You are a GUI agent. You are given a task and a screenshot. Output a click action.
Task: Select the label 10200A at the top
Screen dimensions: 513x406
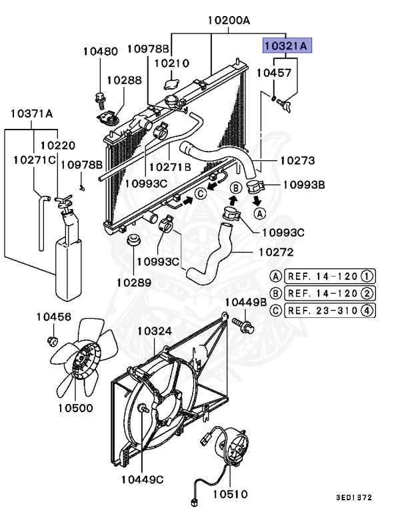pos(228,21)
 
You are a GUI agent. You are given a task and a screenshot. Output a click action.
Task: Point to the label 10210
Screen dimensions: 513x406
pos(173,63)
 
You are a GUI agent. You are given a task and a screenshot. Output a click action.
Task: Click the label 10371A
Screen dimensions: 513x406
pos(31,114)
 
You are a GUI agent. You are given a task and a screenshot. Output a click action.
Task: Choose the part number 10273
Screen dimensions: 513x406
pos(297,161)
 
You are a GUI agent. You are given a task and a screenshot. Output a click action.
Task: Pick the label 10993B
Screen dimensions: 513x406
pos(303,185)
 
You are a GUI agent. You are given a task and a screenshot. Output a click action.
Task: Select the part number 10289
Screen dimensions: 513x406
pos(133,283)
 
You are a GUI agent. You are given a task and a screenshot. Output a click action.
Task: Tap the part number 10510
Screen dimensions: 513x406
pos(230,494)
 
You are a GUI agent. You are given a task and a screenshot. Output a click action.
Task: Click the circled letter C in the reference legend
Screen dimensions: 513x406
pos(275,309)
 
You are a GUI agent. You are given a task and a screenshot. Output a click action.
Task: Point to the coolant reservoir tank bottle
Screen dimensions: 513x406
pos(67,261)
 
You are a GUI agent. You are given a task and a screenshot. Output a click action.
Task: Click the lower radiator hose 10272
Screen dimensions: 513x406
pos(213,257)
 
